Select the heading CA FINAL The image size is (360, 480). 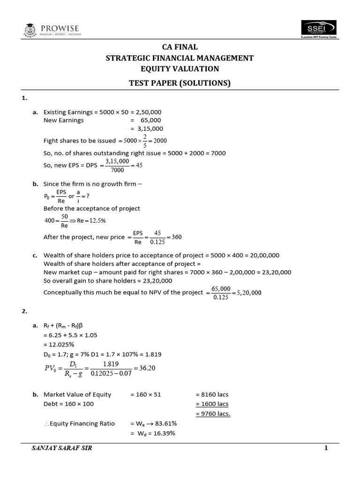[180, 47]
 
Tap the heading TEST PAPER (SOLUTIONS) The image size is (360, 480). [180, 83]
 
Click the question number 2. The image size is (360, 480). [24, 310]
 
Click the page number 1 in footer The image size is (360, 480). [326, 449]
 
